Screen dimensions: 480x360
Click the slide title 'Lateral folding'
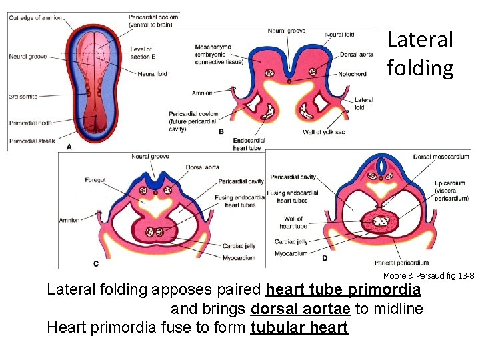pos(420,54)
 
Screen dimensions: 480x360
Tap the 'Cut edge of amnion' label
pos(35,18)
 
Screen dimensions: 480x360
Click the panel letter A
pos(70,145)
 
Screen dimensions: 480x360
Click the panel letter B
pos(221,132)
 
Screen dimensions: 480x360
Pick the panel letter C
pos(96,263)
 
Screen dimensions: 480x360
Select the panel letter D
pos(325,257)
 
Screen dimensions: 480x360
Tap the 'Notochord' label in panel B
pos(351,74)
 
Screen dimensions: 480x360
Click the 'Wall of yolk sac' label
pos(324,132)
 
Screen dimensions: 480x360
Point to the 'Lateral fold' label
pos(363,103)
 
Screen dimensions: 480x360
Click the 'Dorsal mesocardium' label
pos(441,157)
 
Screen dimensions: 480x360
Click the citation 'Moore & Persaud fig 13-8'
pos(428,276)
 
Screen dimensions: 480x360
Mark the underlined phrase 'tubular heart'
pos(299,328)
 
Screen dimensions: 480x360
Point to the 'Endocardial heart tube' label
pos(249,144)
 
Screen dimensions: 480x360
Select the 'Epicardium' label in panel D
pos(450,183)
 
